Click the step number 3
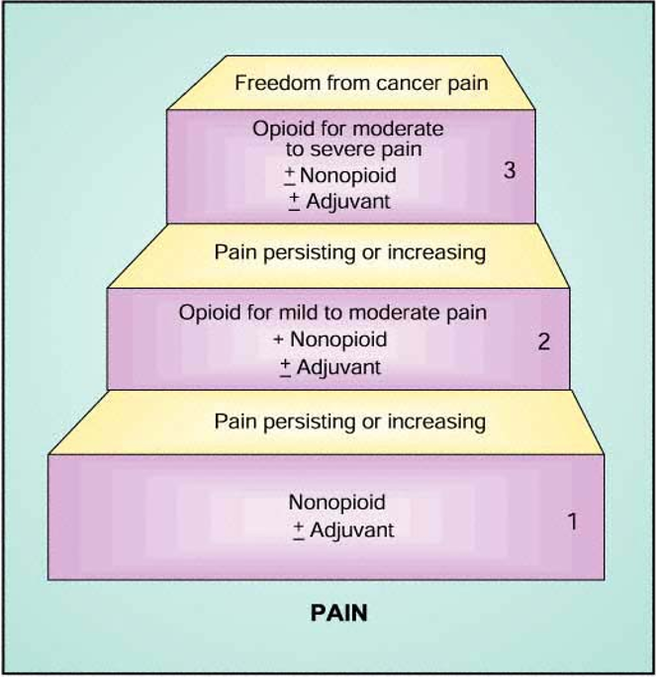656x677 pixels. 510,170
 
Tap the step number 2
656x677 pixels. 543,342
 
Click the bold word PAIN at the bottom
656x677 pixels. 339,613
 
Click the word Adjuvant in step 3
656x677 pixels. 346,201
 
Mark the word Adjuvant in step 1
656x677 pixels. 351,530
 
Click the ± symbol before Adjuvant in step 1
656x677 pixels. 298,530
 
